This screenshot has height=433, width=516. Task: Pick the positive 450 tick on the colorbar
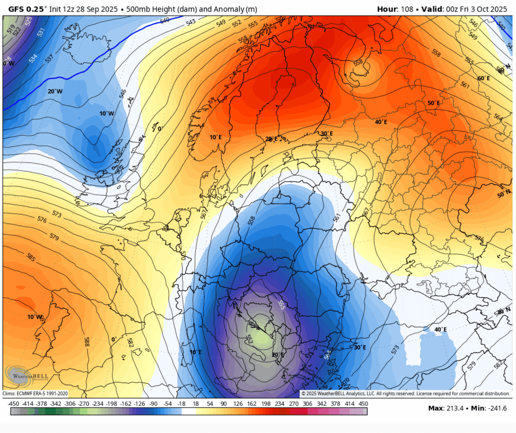coord(363,404)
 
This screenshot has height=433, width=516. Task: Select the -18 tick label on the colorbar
coord(181,404)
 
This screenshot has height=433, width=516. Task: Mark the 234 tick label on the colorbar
coord(279,404)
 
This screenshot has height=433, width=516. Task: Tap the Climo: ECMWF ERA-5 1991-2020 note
coord(35,393)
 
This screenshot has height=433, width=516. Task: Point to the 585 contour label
coord(18,258)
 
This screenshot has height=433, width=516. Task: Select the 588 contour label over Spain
coord(87,342)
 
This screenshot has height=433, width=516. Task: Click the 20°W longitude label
coord(55,91)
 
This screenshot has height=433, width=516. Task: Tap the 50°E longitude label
coord(433,103)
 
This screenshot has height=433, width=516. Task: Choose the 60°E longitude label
coord(483,78)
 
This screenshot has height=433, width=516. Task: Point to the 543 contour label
coord(191,21)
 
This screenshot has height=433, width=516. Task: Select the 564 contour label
coord(498,117)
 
